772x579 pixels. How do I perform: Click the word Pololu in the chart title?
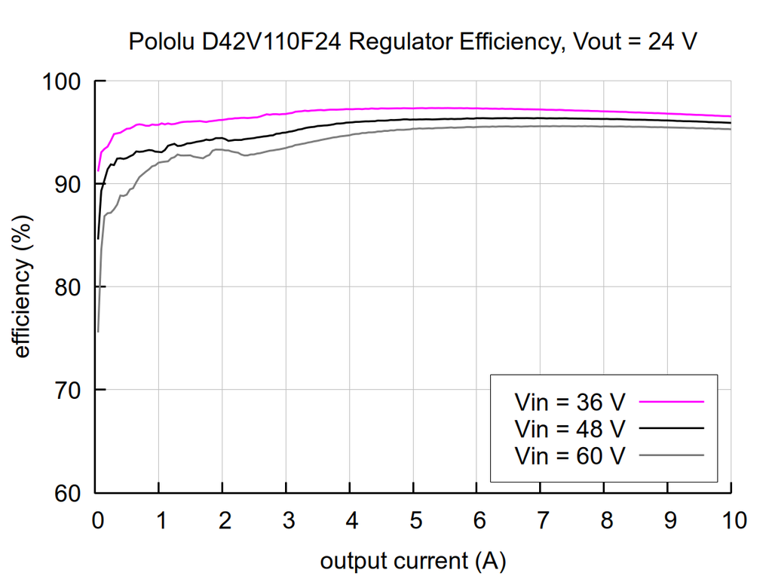click(x=163, y=41)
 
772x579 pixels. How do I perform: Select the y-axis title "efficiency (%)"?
click(x=22, y=287)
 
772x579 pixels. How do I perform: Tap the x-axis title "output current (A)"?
click(x=412, y=561)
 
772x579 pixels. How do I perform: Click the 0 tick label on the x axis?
click(x=96, y=520)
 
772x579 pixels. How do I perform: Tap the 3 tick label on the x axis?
click(x=287, y=520)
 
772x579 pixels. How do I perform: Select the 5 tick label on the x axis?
click(x=414, y=520)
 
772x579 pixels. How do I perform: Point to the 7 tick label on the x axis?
click(x=541, y=520)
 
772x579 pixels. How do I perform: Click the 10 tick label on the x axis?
click(x=731, y=520)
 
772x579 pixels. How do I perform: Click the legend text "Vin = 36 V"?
click(x=569, y=402)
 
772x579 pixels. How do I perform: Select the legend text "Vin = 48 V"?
click(x=569, y=428)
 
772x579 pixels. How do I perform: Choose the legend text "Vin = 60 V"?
click(x=569, y=455)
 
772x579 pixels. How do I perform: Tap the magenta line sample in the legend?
click(x=671, y=402)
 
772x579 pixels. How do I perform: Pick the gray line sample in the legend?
click(x=671, y=455)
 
